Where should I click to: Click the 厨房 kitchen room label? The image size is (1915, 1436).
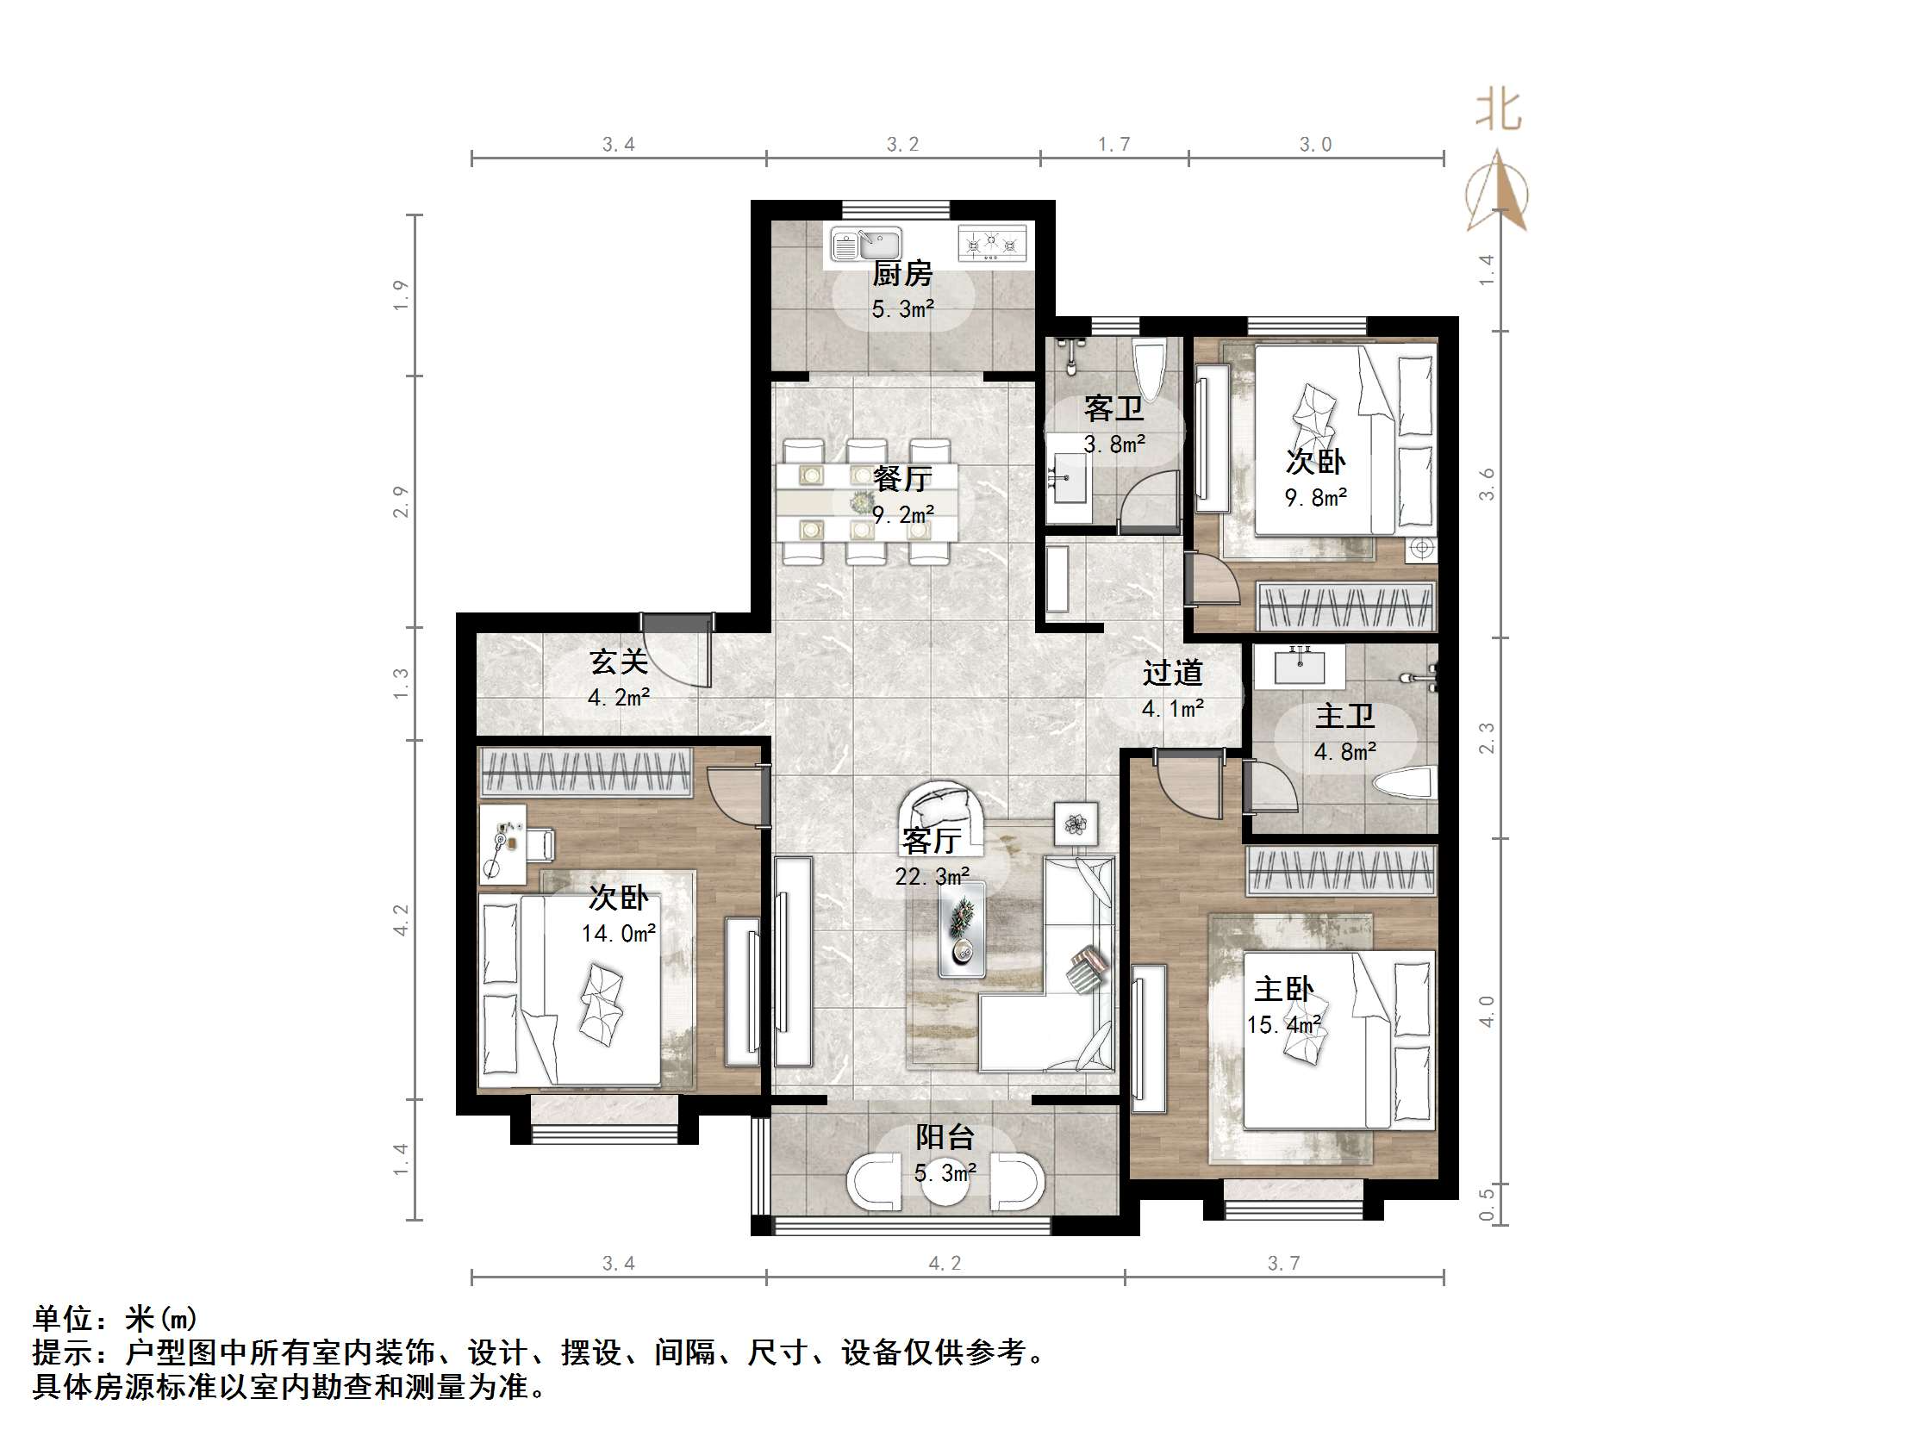[901, 274]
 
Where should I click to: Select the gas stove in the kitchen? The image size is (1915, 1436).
[992, 242]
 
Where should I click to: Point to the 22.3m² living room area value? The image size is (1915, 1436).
[932, 877]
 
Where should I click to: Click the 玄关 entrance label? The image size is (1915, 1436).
[618, 662]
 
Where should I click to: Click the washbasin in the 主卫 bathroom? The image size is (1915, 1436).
[1299, 666]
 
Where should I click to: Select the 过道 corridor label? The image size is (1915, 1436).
[1172, 673]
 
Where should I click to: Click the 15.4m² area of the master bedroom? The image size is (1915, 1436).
[1283, 1025]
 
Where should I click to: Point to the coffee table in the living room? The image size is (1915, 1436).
[962, 929]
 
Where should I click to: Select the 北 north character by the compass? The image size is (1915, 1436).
[1499, 111]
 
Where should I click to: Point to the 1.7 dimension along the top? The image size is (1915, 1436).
[1113, 144]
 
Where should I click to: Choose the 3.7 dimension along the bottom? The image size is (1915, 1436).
[1283, 1263]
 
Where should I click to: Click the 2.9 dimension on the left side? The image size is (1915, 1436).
[400, 501]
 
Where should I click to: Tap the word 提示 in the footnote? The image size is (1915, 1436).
[63, 1352]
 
